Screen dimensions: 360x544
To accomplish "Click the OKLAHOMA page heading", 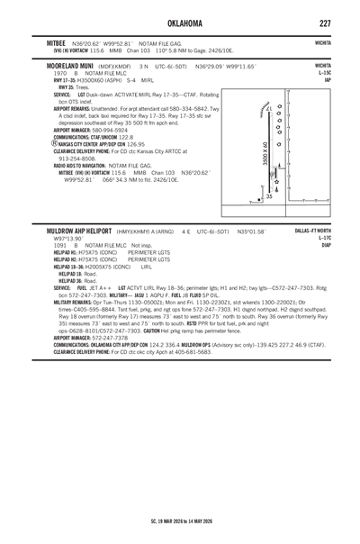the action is (180, 21).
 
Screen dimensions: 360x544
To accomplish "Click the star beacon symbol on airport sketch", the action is (274, 182).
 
